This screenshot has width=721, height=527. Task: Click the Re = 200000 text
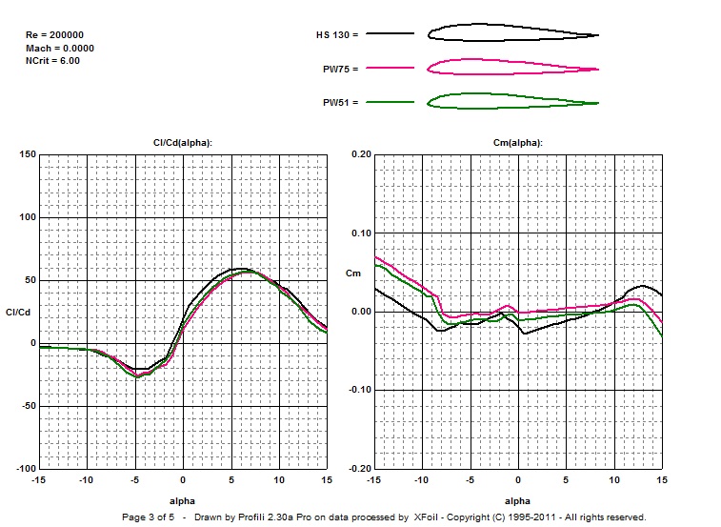point(53,35)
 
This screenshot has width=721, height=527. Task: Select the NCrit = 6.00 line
point(52,60)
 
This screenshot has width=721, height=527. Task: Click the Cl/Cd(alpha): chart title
point(183,142)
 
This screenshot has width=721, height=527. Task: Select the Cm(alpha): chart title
point(517,142)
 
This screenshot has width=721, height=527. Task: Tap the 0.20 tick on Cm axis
point(361,154)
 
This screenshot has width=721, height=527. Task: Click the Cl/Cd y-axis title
point(19,312)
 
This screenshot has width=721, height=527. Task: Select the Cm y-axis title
point(353,274)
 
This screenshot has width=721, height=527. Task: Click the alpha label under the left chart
point(183,499)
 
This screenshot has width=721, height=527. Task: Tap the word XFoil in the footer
point(427,517)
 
